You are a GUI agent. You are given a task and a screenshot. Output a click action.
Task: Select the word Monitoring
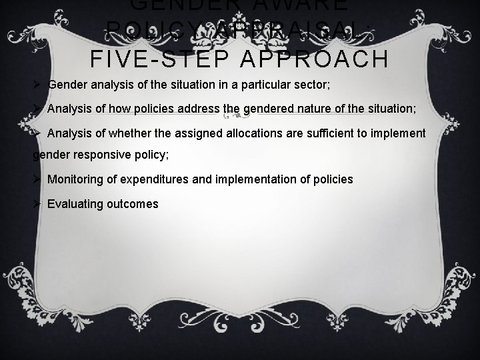[x=75, y=179]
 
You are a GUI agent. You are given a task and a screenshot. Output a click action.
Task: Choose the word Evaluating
[x=73, y=203]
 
